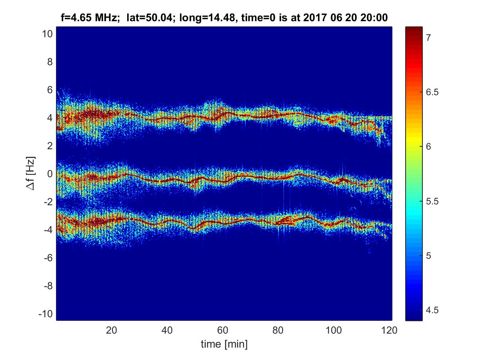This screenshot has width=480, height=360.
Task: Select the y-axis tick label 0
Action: (50, 174)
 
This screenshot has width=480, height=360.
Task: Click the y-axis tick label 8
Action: (50, 62)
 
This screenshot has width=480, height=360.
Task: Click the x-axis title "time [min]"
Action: (224, 344)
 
